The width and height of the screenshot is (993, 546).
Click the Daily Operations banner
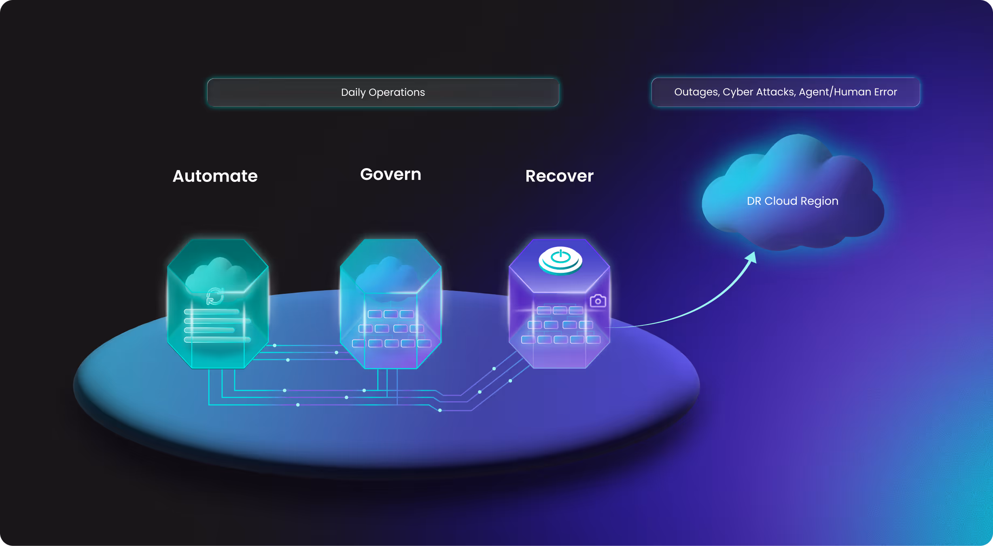click(x=383, y=93)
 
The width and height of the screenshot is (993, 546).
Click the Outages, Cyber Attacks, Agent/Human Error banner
click(x=785, y=92)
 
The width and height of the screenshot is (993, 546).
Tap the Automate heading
click(x=215, y=176)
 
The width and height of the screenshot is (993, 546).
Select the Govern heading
click(x=390, y=175)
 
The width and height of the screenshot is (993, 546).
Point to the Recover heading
click(x=559, y=176)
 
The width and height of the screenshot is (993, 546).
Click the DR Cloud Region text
click(x=792, y=201)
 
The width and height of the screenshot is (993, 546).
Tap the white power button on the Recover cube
click(x=560, y=259)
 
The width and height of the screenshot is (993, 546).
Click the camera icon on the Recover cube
click(x=598, y=301)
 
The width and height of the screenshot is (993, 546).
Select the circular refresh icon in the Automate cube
click(x=214, y=296)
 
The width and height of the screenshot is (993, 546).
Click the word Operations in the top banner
click(x=397, y=93)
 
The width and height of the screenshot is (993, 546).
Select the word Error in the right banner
click(x=885, y=92)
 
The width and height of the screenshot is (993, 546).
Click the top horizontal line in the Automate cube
click(x=212, y=312)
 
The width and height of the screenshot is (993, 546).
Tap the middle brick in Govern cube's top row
click(x=390, y=314)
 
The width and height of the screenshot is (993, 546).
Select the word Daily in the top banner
click(x=353, y=93)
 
